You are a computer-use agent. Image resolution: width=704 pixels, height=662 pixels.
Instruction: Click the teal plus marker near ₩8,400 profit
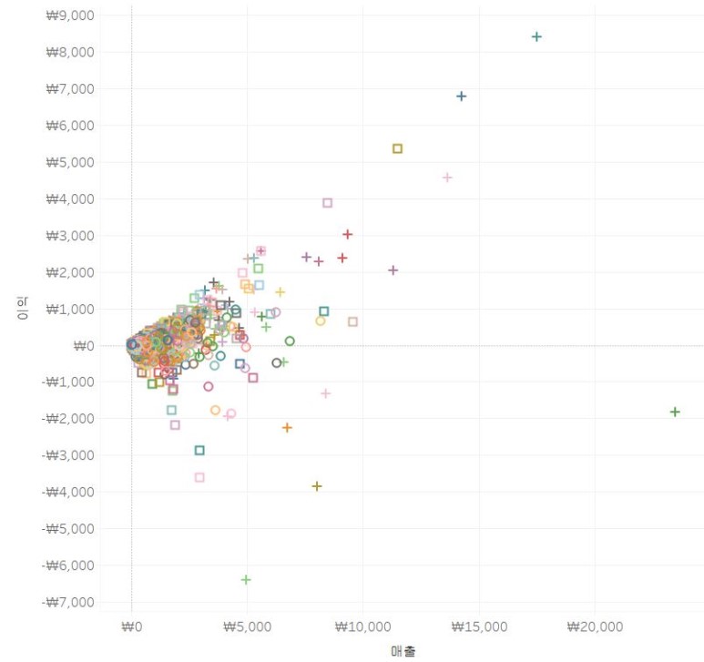tap(536, 37)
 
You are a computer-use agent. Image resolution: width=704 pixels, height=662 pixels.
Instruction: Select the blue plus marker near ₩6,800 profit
tap(461, 97)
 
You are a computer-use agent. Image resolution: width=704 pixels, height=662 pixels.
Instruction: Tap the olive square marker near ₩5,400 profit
tap(397, 148)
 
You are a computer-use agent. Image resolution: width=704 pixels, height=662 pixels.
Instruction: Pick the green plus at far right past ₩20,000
tap(675, 412)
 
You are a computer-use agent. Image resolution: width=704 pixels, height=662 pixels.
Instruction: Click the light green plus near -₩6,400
tap(246, 580)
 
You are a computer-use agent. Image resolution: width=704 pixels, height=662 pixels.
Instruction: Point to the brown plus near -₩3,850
tap(317, 486)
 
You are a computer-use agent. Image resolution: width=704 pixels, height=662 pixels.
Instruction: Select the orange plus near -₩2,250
tap(287, 427)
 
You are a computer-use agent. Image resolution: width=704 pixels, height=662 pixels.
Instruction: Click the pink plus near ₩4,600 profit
tap(447, 178)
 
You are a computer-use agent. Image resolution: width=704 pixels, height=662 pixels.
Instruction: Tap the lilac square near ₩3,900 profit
tap(328, 203)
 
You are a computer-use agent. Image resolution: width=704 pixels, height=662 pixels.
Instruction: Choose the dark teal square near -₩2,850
tap(199, 450)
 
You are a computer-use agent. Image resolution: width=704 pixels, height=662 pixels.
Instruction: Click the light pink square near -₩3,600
tap(199, 477)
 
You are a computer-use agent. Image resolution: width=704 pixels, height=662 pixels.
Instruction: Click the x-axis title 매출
tap(403, 651)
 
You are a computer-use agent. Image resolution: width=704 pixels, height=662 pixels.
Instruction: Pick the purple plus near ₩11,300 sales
tap(393, 270)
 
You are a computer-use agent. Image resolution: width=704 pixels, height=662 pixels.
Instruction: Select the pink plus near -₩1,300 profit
tap(325, 393)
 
